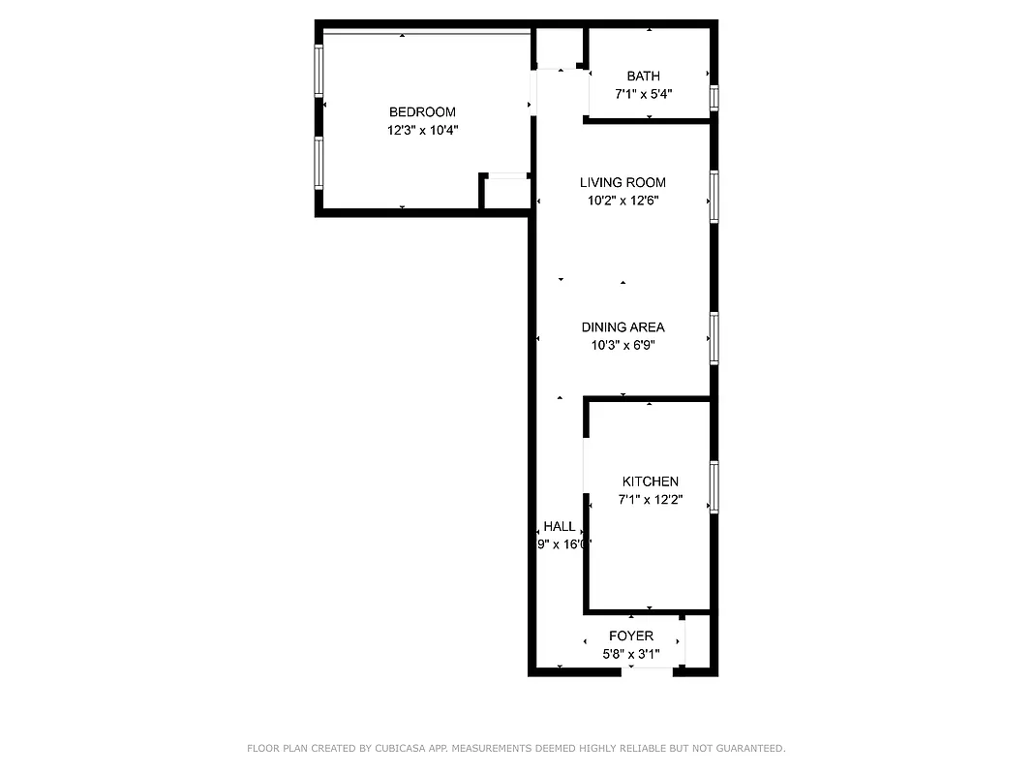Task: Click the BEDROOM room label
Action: pyautogui.click(x=422, y=112)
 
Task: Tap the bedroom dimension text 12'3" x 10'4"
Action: pyautogui.click(x=422, y=130)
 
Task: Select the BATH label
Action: pyautogui.click(x=643, y=77)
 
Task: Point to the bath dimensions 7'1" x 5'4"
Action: pyautogui.click(x=643, y=95)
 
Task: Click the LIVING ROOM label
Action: pyautogui.click(x=623, y=182)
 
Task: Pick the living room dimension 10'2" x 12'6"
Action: pyautogui.click(x=623, y=201)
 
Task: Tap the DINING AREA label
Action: pyautogui.click(x=623, y=327)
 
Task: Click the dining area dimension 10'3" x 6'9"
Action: pyautogui.click(x=623, y=345)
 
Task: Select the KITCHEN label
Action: pyautogui.click(x=650, y=481)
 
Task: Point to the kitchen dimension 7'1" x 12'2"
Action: pyautogui.click(x=650, y=500)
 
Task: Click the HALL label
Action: pyautogui.click(x=559, y=526)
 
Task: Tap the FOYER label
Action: pyautogui.click(x=630, y=635)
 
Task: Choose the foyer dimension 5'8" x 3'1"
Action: pyautogui.click(x=630, y=655)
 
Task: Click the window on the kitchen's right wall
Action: pyautogui.click(x=714, y=486)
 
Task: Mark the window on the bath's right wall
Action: pyautogui.click(x=714, y=98)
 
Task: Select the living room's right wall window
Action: pyautogui.click(x=714, y=197)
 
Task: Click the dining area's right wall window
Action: pyautogui.click(x=714, y=337)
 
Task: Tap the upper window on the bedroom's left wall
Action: pyautogui.click(x=318, y=71)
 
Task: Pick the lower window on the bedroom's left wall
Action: pyautogui.click(x=318, y=161)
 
